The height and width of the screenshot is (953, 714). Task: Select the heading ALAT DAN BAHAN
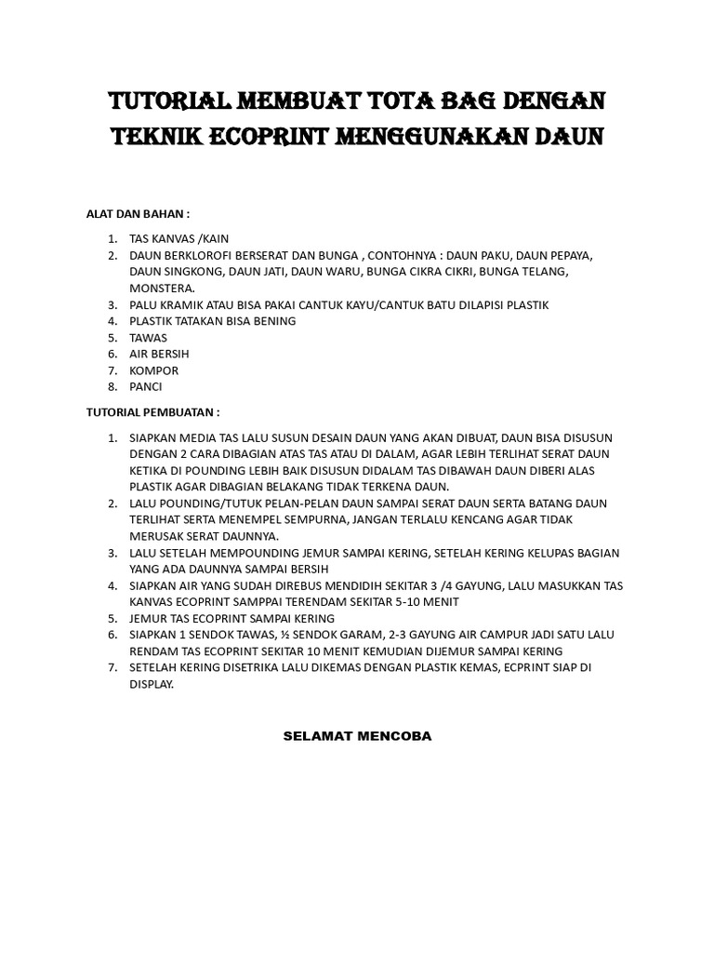[x=138, y=213]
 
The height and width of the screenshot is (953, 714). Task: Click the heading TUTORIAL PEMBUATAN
[x=153, y=410]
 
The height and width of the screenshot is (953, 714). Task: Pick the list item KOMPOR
[x=154, y=370]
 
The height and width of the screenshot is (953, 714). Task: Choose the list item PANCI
[x=146, y=386]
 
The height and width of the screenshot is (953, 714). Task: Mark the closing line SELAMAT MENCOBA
[x=357, y=736]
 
